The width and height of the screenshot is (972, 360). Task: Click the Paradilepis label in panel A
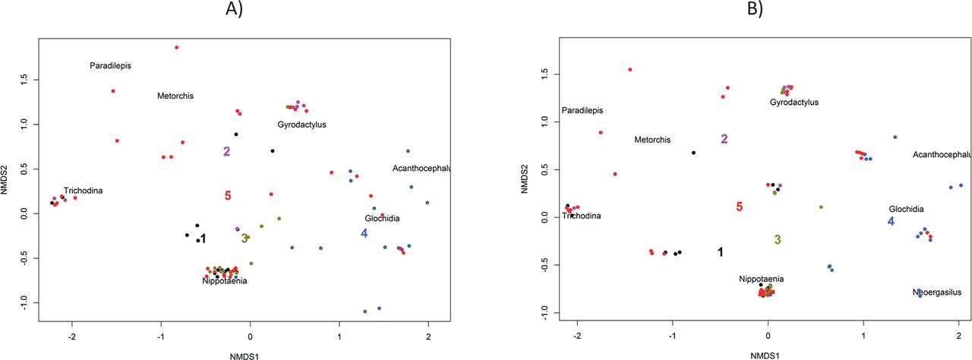pyautogui.click(x=110, y=65)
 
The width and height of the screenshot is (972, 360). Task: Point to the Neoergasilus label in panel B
pyautogui.click(x=937, y=292)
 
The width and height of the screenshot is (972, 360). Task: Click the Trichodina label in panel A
pyautogui.click(x=83, y=191)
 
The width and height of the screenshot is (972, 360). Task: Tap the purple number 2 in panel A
pyautogui.click(x=226, y=151)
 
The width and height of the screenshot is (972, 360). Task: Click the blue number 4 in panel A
pyautogui.click(x=364, y=233)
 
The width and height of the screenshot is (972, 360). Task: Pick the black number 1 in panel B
pyautogui.click(x=720, y=252)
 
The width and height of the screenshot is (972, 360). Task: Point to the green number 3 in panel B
pyautogui.click(x=778, y=239)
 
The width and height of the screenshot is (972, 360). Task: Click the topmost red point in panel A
pyautogui.click(x=176, y=47)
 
